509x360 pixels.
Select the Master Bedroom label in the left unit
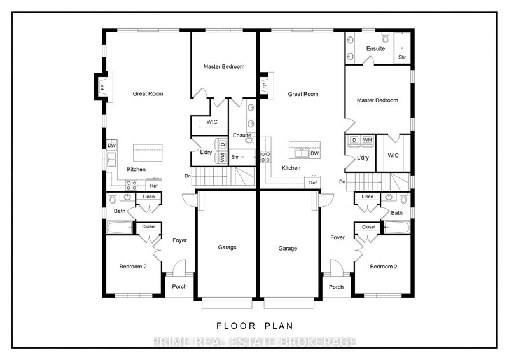tap(224, 66)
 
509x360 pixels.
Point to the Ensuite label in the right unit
tap(375, 49)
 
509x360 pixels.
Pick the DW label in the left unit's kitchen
tap(112, 145)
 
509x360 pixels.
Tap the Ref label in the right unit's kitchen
tap(313, 183)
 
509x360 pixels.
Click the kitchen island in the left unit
tap(148, 153)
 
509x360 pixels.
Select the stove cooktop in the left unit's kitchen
tap(132, 185)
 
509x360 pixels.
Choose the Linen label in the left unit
tap(148, 197)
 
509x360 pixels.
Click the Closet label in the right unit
tap(368, 227)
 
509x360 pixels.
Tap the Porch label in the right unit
tap(336, 286)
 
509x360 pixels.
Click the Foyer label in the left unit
tap(179, 240)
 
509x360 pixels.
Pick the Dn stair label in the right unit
tap(342, 183)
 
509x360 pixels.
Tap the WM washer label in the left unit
tap(222, 156)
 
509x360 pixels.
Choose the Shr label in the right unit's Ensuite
tap(402, 57)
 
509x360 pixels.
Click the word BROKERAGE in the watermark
tap(319, 342)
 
